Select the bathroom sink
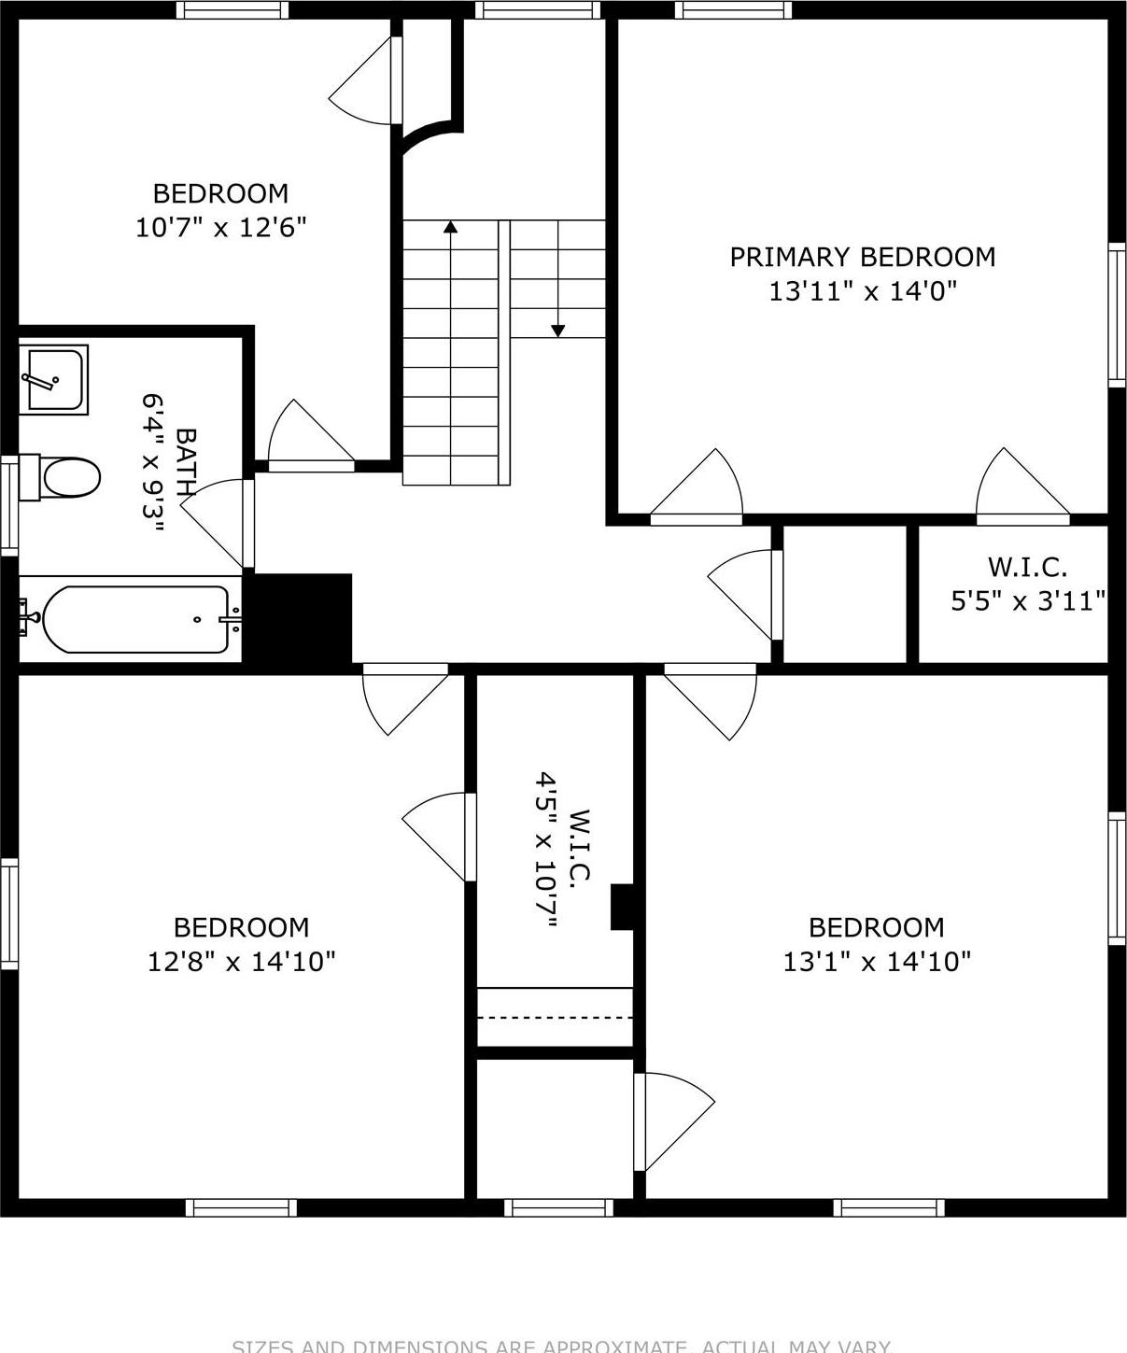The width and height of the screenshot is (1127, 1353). coord(55,379)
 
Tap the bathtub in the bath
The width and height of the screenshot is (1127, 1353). coord(133,619)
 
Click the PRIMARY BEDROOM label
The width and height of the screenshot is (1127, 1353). coord(862,257)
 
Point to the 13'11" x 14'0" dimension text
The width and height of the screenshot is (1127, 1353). coord(863,291)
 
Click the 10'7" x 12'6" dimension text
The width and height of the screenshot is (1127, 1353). coord(220,227)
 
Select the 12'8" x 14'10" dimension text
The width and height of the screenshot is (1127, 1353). coord(241,961)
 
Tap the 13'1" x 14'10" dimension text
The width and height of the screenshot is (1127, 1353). coord(876,961)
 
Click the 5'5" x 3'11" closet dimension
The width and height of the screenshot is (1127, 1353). coord(1028,600)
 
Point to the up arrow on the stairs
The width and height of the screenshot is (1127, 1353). coord(451,226)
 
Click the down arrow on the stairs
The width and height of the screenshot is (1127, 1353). coord(557,330)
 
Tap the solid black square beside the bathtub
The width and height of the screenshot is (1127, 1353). coord(303,618)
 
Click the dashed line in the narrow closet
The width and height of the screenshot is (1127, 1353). coord(556,1017)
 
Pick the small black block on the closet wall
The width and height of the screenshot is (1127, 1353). coord(623,907)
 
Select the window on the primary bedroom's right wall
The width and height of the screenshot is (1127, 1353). coord(1116,314)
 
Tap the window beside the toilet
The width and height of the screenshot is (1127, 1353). coord(8,503)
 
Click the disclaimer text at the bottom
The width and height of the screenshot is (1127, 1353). coord(563,1346)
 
